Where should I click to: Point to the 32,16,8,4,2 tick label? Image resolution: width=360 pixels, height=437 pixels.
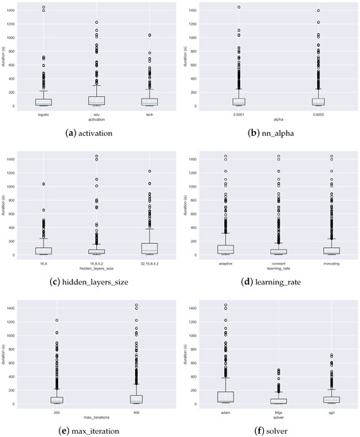(148, 261)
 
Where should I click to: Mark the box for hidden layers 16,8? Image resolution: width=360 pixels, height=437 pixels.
(43, 251)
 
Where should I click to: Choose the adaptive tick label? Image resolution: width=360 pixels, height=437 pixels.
(225, 261)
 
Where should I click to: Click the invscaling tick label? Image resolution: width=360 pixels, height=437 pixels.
(328, 261)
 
